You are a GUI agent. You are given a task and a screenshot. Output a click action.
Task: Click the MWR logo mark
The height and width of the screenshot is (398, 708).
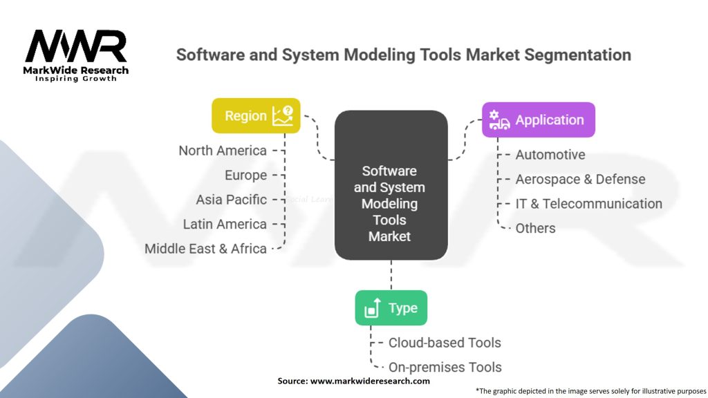tap(76, 47)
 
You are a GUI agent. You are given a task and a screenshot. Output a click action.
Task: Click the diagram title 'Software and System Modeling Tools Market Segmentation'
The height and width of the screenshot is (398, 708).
tap(403, 55)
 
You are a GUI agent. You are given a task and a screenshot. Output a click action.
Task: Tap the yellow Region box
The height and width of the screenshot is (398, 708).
tap(256, 115)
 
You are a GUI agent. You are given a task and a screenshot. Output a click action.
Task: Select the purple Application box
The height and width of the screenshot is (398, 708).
tap(538, 120)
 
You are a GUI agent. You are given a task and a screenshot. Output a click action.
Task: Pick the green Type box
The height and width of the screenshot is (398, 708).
tap(391, 308)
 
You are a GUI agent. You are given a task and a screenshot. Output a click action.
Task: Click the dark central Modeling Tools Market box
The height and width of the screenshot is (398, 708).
tap(391, 185)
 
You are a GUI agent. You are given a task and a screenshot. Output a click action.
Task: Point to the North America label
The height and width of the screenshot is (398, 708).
tap(223, 151)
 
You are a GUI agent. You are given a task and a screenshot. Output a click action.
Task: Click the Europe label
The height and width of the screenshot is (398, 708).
tap(245, 176)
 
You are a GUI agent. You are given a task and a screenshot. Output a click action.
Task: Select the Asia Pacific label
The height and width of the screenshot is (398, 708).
tap(231, 200)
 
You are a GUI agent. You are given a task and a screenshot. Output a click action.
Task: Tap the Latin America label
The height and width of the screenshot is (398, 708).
tap(225, 224)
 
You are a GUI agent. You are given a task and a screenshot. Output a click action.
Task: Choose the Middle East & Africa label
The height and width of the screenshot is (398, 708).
tap(205, 249)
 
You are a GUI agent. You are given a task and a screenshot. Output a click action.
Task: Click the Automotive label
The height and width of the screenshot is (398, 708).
tap(550, 155)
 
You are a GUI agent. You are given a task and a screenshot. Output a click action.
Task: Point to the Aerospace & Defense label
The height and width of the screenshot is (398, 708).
tap(580, 179)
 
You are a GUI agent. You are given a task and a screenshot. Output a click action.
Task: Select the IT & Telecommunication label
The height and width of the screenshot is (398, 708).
tap(588, 204)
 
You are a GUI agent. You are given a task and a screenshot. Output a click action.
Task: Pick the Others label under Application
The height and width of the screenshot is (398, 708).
tap(535, 228)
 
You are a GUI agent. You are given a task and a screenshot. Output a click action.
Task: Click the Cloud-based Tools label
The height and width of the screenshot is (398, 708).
tap(445, 343)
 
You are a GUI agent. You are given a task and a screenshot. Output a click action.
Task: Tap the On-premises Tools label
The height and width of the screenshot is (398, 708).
tap(445, 368)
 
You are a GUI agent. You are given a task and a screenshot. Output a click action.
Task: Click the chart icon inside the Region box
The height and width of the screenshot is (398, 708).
tap(282, 115)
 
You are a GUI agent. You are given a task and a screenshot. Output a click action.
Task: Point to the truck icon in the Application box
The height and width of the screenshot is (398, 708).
tap(499, 120)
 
